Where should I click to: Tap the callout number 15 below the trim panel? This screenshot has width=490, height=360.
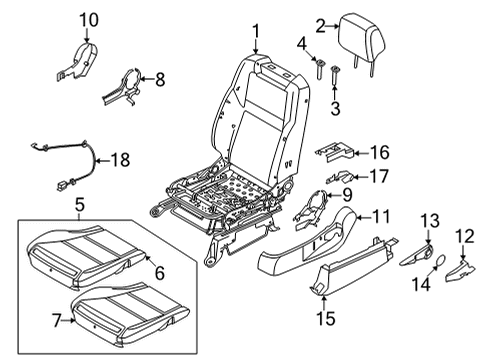(322, 318)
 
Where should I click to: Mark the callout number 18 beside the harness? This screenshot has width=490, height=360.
(120, 159)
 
